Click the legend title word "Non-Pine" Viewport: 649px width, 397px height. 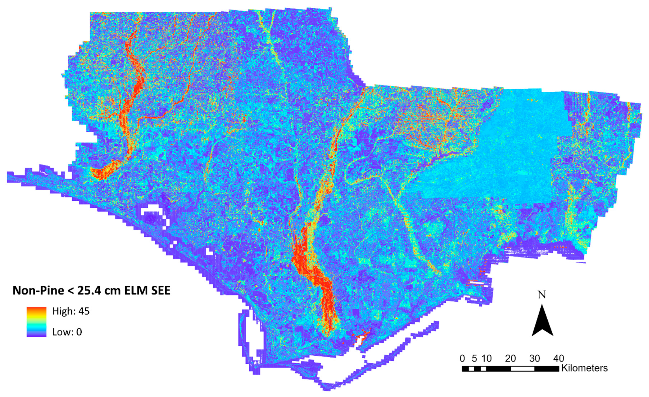tap(38, 290)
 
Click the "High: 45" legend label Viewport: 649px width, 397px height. tap(71, 311)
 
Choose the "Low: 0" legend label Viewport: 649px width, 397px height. tap(67, 332)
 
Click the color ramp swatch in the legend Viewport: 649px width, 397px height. tap(36, 322)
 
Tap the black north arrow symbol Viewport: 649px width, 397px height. tap(542, 320)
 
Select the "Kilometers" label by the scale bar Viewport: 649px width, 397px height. tap(584, 368)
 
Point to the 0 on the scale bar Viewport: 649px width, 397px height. tap(462, 358)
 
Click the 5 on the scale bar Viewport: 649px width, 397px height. tap(474, 358)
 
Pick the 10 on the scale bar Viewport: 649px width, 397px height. tap(486, 358)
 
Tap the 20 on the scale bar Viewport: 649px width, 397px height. tap(510, 358)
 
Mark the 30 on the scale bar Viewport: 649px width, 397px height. tap(534, 358)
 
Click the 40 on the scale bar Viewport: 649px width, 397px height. tap(558, 358)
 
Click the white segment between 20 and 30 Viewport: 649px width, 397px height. tap(523, 368)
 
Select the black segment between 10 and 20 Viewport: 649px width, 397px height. tap(498, 368)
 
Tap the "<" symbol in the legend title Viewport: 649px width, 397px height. tap(69, 290)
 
